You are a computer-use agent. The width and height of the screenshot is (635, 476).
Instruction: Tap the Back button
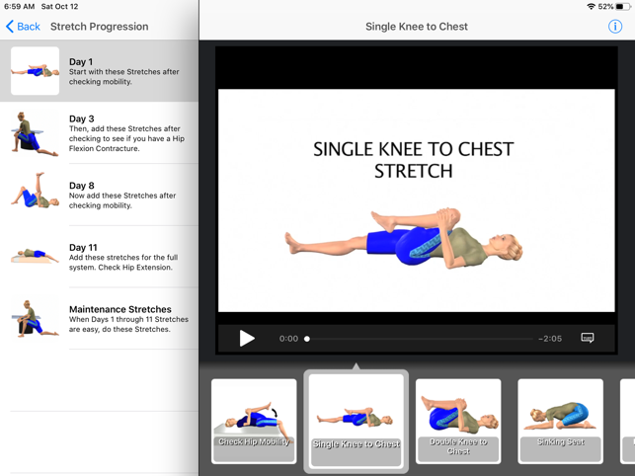tap(23, 27)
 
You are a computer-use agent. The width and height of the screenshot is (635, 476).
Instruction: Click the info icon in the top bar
tap(614, 27)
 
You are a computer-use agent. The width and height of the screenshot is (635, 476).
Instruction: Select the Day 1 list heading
tap(81, 62)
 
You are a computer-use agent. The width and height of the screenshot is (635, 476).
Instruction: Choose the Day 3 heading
tap(81, 119)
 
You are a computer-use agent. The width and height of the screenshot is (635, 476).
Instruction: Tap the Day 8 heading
tap(81, 186)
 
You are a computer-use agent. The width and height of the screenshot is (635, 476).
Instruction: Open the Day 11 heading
tap(83, 248)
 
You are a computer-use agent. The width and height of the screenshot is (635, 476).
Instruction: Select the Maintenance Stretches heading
tap(120, 309)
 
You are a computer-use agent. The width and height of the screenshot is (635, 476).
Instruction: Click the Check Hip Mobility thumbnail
tap(254, 421)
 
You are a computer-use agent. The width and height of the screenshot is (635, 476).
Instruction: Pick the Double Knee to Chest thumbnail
tap(458, 421)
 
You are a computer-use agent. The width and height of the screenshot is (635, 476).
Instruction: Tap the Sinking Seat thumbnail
tap(561, 421)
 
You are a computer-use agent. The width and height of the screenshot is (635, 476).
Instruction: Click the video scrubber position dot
tap(307, 339)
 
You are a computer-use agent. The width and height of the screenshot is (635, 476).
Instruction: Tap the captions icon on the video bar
tap(588, 338)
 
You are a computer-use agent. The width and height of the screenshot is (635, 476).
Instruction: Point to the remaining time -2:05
tap(550, 339)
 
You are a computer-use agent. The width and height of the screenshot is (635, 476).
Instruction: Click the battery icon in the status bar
tap(622, 7)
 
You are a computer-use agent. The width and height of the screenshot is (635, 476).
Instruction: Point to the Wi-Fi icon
tap(592, 7)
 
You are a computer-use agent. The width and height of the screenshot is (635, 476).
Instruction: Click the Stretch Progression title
tap(99, 27)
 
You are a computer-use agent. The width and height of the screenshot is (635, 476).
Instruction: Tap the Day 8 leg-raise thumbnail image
tap(36, 191)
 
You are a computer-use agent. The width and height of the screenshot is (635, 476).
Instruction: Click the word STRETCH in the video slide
tap(414, 171)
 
